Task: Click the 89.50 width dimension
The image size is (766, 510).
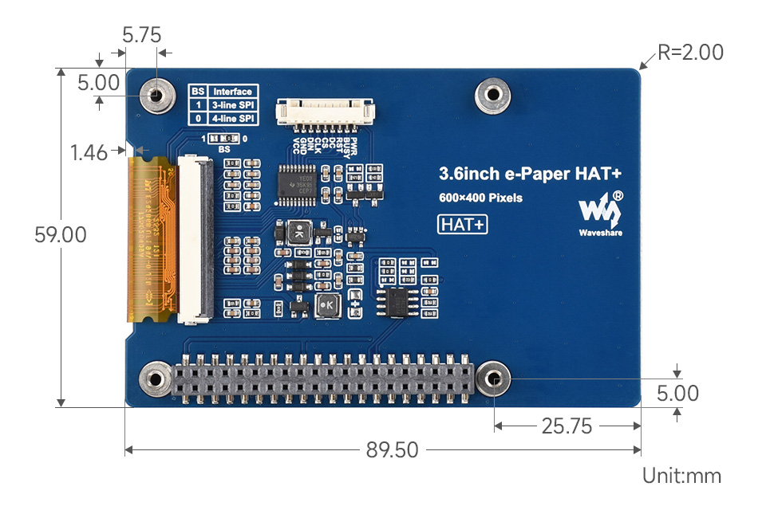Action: coord(392,450)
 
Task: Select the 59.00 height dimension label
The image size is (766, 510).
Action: coord(60,235)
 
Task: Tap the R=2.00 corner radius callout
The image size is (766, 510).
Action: coord(691,53)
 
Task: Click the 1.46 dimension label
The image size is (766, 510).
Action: coord(89,153)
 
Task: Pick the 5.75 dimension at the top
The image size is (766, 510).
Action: coord(141,35)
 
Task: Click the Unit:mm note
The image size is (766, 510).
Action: coord(681,477)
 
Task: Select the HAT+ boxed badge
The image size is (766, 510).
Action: coord(463,225)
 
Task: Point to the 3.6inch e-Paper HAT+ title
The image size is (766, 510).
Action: coord(530,174)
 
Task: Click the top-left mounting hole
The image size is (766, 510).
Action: coord(156,96)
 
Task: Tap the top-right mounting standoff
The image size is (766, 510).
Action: coord(492,95)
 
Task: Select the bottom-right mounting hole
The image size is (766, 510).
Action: coord(495,379)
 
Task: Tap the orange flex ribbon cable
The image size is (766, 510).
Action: coord(151,239)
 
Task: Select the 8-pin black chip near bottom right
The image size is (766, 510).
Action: coord(396,300)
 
